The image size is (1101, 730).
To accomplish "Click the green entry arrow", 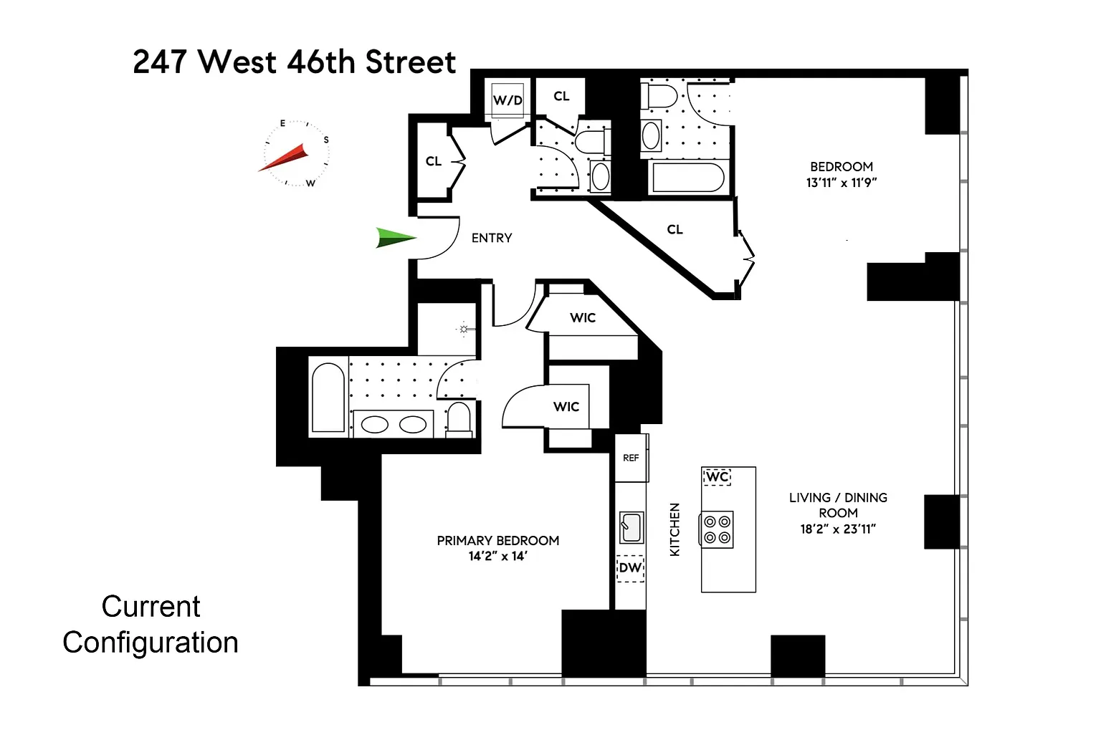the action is (396, 238).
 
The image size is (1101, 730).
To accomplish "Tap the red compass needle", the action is (284, 157).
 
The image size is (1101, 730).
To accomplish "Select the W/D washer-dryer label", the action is (507, 100).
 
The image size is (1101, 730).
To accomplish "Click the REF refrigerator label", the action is (631, 458).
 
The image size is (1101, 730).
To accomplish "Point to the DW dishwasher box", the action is (631, 568).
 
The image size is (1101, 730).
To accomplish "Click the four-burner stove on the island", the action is (717, 529).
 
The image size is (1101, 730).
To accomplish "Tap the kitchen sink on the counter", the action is (631, 527).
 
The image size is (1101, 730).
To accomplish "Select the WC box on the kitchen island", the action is (717, 476).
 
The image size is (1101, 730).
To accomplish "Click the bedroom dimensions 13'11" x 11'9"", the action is (842, 183).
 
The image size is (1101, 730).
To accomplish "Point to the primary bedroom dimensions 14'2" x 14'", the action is (498, 556).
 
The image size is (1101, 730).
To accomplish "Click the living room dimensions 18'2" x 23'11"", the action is (838, 529).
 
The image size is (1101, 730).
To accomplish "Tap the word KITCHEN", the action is (675, 529).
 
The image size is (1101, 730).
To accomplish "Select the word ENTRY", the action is (492, 239).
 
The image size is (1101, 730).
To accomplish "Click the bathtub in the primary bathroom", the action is (328, 398).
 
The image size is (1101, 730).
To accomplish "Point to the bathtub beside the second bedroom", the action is (688, 177).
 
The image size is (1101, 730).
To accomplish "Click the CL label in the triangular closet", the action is (675, 229).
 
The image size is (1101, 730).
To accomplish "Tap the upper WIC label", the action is (583, 318).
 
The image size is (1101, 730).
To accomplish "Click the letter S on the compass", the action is (326, 140).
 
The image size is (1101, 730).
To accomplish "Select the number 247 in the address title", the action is (161, 62).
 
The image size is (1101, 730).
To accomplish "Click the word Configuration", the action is (151, 643).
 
